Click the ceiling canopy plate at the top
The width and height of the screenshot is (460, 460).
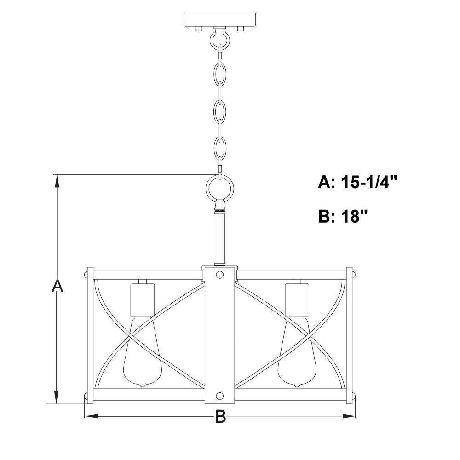(x=219, y=20)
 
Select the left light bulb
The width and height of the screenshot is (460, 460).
(x=143, y=352)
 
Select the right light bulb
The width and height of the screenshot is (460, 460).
(x=297, y=352)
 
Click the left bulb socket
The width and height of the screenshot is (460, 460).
(x=142, y=300)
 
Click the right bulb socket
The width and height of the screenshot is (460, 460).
(x=297, y=300)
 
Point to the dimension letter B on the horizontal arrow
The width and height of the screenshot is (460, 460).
(x=220, y=416)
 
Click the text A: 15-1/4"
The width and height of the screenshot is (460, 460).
(x=357, y=182)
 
